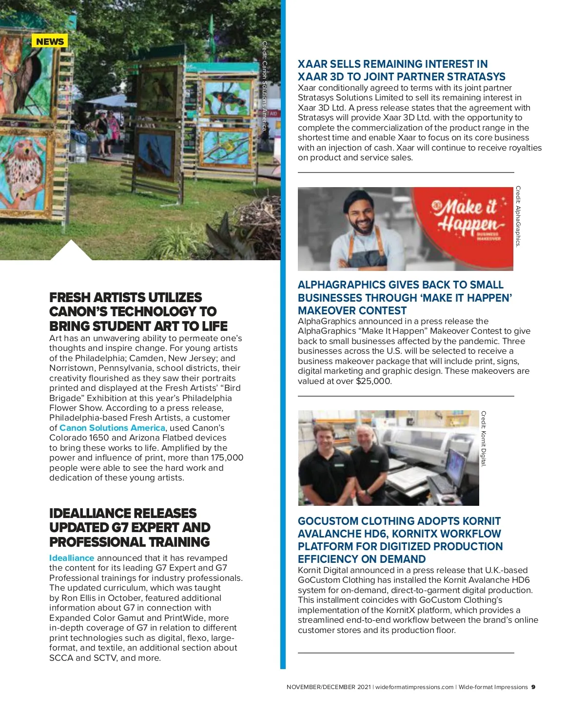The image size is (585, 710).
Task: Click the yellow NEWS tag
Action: click(50, 41)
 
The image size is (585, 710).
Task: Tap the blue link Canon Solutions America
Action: click(112, 428)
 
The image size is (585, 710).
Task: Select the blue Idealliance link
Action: click(72, 558)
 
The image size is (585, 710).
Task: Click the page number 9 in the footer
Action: click(533, 687)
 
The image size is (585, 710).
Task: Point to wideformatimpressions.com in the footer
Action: click(414, 687)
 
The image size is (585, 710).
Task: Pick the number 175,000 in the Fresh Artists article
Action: click(227, 458)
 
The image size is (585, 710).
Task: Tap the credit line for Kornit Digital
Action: click(484, 439)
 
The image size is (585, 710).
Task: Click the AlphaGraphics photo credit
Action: click(518, 216)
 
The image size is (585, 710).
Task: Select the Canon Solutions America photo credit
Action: click(265, 86)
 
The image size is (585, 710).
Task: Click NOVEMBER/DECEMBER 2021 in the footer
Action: click(329, 687)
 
